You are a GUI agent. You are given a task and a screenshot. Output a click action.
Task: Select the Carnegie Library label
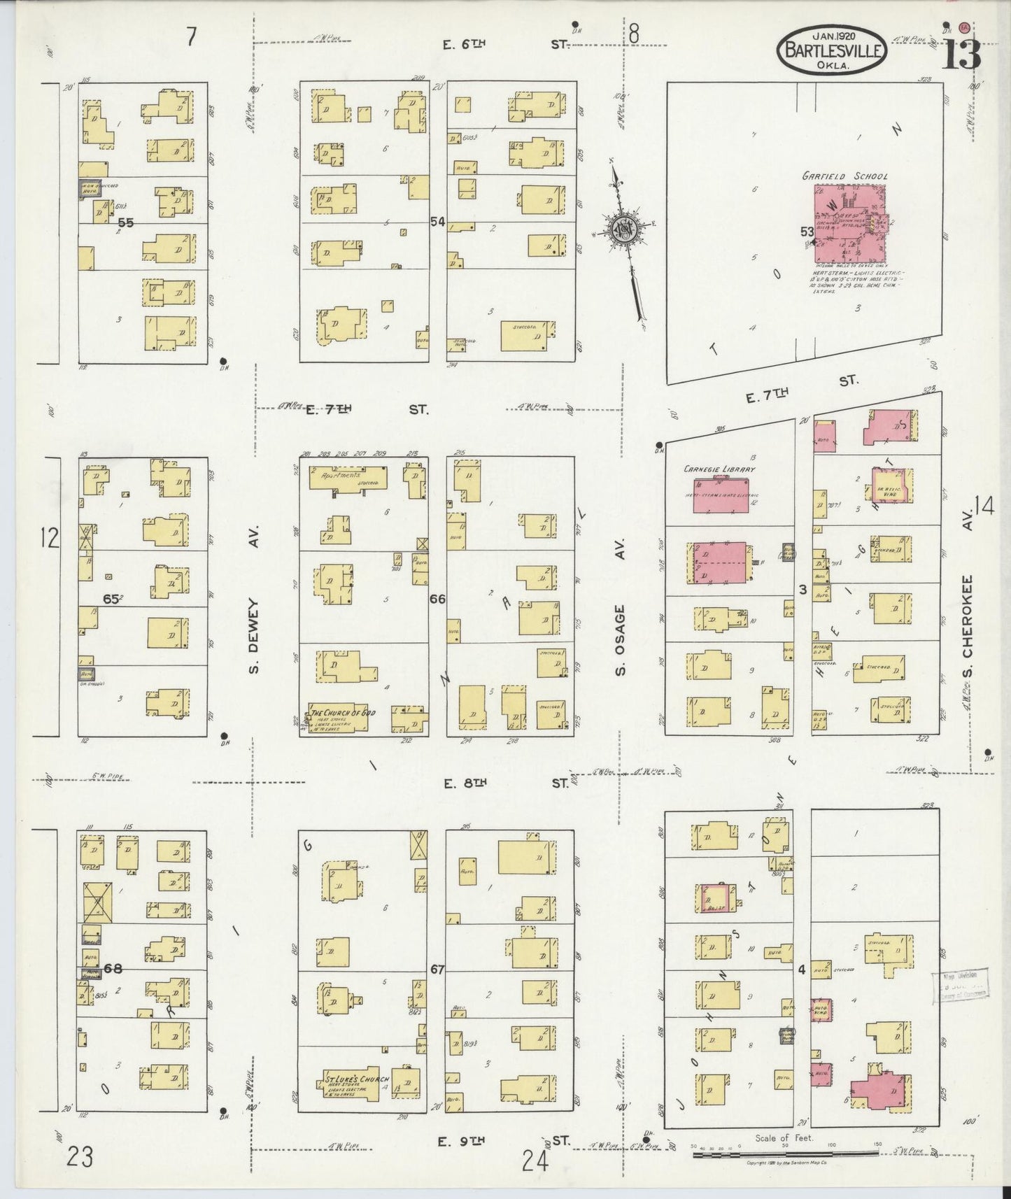click(x=719, y=469)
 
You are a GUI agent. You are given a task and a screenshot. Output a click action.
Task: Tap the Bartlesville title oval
click(x=831, y=49)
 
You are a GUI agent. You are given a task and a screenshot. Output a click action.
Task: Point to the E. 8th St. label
click(x=507, y=783)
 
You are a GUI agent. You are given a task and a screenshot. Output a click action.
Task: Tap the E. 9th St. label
click(x=507, y=1142)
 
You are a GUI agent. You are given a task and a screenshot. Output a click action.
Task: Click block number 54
click(x=437, y=222)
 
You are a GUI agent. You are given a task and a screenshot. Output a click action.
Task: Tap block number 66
click(x=437, y=599)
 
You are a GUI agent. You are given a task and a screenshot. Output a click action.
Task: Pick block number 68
click(x=113, y=968)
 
